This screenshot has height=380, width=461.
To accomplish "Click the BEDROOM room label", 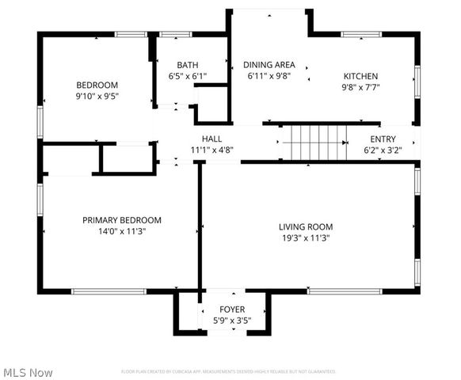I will (97, 85).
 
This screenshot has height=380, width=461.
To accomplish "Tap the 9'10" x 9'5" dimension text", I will (97, 97).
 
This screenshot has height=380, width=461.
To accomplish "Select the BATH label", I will (188, 65).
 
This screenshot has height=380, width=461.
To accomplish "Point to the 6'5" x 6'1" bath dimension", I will (188, 77).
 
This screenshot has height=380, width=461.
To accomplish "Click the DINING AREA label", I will (269, 65).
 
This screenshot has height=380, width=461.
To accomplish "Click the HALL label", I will (211, 138).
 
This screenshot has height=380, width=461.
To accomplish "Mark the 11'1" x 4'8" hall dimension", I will (211, 150).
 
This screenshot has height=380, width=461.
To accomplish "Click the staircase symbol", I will (313, 142).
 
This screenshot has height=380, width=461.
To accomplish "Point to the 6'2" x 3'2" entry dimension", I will (383, 150).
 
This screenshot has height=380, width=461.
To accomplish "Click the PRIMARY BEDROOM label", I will (122, 220).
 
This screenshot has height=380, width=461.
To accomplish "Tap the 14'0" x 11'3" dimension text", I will (122, 232).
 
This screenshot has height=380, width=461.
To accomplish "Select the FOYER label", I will (232, 309).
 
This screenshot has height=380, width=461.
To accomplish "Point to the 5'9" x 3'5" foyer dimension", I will (232, 321).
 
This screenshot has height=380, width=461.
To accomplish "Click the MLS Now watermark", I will (29, 372).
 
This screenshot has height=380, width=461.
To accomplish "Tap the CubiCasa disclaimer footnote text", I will (228, 370).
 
